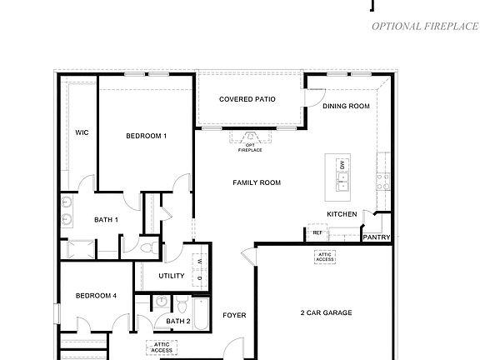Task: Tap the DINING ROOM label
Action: coord(346,106)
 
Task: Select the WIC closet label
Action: coord(82,132)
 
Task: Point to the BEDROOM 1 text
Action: coord(147,136)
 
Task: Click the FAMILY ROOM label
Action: coord(256,182)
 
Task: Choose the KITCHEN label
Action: coord(342,214)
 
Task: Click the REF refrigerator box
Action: coord(317,234)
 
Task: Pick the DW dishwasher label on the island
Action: coord(342,166)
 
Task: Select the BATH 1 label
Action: coord(106,219)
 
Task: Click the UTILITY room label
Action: coord(171,275)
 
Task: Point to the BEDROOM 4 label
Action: coord(96,295)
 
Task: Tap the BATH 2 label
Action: coord(178,321)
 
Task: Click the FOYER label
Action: coord(234,315)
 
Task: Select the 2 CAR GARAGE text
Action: coord(326,313)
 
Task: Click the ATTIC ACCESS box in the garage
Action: coord(324,257)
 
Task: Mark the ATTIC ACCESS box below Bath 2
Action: coord(162,347)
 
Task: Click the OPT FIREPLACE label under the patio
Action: coord(249,147)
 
